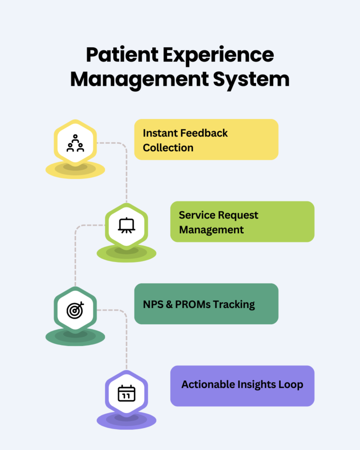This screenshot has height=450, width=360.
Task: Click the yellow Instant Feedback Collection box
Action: click(x=206, y=140)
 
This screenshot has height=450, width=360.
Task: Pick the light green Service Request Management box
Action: click(x=242, y=222)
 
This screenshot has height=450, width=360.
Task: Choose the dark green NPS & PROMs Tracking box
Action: click(x=206, y=304)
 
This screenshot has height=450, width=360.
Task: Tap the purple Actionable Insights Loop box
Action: click(x=242, y=386)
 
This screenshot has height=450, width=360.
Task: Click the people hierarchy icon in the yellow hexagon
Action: click(x=75, y=143)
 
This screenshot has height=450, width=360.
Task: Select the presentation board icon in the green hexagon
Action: click(x=126, y=226)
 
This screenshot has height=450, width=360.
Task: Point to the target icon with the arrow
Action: click(x=75, y=309)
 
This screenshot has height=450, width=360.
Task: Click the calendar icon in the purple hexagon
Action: click(x=126, y=393)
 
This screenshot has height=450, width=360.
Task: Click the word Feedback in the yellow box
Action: click(x=204, y=133)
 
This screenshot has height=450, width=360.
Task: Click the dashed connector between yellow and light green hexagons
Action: click(x=126, y=169)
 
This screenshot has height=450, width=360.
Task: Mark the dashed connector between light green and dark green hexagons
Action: click(x=75, y=253)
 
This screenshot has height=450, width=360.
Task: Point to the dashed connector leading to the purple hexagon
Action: click(x=126, y=337)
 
